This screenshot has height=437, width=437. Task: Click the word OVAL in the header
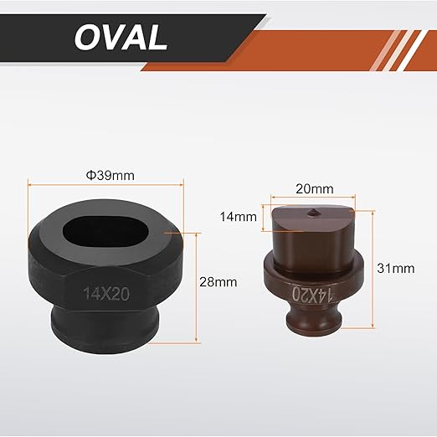pos(121,38)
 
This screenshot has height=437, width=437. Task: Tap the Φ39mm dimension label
pos(111,176)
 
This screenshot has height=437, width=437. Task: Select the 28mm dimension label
pos(218,282)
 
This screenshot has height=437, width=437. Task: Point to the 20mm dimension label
pos(315,189)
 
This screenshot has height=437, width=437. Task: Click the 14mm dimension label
pos(238,217)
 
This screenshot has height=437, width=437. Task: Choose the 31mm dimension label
pos(396,268)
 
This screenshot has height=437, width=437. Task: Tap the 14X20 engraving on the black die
pos(106,294)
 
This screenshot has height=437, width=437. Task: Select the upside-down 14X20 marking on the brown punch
pos(312,294)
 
